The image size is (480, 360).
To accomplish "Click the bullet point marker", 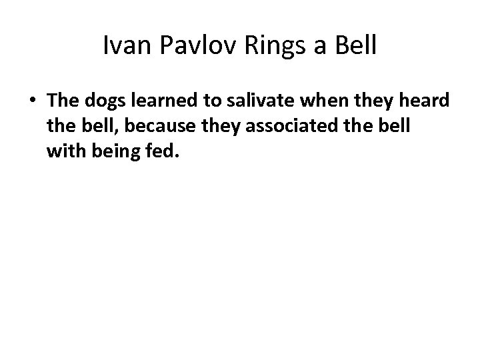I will [x=33, y=102].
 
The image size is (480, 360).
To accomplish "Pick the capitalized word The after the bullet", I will [x=63, y=101].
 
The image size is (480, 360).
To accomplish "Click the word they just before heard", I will [x=375, y=102].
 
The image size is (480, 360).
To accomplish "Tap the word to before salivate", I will [x=214, y=101].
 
